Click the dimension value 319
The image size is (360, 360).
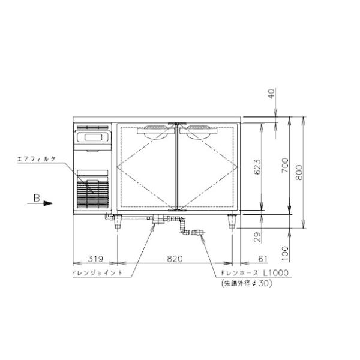[x=95, y=259]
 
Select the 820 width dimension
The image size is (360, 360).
[x=175, y=259]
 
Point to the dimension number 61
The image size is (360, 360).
[x=263, y=259]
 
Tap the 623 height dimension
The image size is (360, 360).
[x=257, y=167]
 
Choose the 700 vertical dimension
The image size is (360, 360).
[x=284, y=166]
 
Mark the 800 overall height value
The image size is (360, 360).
[x=299, y=172]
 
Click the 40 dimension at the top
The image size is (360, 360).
[x=271, y=94]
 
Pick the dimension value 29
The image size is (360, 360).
[x=258, y=237]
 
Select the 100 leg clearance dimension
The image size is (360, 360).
[x=284, y=253]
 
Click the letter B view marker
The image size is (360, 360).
[x=37, y=198]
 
